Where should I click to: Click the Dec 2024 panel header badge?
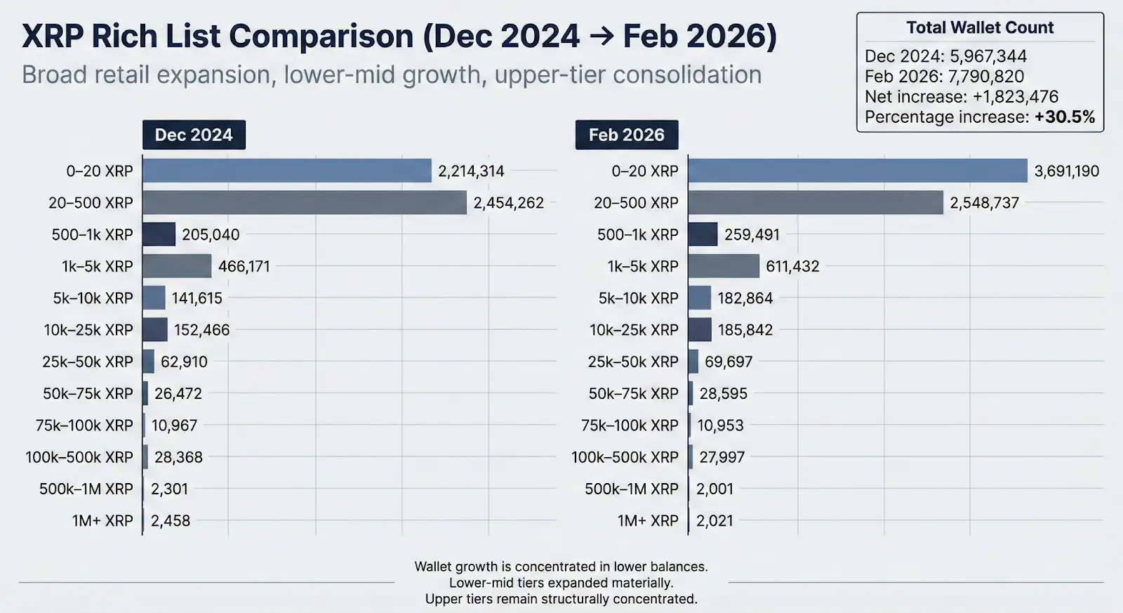[x=194, y=135]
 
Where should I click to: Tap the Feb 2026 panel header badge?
[x=626, y=135]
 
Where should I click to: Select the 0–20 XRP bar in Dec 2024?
[x=286, y=171]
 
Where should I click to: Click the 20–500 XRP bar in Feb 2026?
[x=816, y=203]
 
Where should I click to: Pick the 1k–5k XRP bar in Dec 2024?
[x=177, y=266]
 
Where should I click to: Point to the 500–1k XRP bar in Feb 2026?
[x=703, y=235]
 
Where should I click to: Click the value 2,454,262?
[x=508, y=203]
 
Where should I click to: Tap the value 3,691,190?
[x=1066, y=171]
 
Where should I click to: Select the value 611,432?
[x=792, y=266]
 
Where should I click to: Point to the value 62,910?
[x=184, y=362]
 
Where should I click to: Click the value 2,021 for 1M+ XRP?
[x=715, y=520]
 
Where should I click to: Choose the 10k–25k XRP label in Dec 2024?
[x=88, y=330]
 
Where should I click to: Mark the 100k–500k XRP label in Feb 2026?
[x=625, y=457]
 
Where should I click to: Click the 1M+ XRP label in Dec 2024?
[x=102, y=520]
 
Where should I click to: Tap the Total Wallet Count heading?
[x=980, y=27]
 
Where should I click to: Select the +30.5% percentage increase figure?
[x=1064, y=117]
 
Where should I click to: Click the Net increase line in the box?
[x=961, y=96]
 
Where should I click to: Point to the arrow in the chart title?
[x=601, y=37]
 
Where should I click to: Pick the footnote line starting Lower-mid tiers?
[x=561, y=583]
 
